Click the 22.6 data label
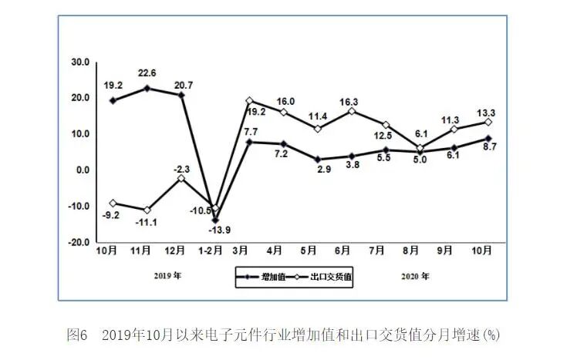147,74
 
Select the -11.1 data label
146,222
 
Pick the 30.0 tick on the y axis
81,62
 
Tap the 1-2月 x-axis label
214,251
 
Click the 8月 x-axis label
413,251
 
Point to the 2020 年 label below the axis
415,275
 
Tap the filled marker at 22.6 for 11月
147,88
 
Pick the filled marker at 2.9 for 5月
316,160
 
